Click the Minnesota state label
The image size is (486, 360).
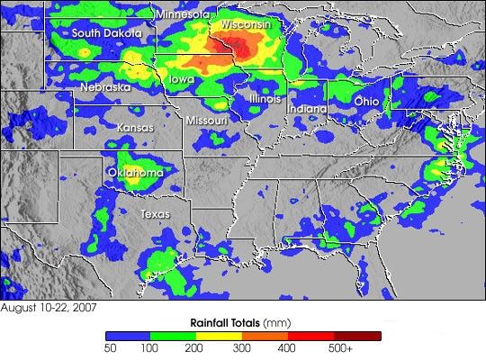(x=183, y=14)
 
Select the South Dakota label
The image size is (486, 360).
(x=107, y=33)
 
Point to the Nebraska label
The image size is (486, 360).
(x=104, y=87)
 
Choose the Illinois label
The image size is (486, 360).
(x=265, y=98)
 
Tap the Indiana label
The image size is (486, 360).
(x=308, y=108)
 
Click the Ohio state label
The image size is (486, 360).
(x=366, y=102)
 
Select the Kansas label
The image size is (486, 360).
(x=135, y=129)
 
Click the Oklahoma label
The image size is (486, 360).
(x=135, y=172)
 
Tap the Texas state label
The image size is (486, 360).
(x=155, y=214)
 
